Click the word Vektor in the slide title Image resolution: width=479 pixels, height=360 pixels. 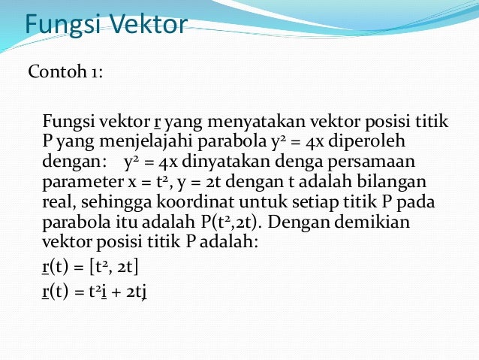pyautogui.click(x=148, y=25)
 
